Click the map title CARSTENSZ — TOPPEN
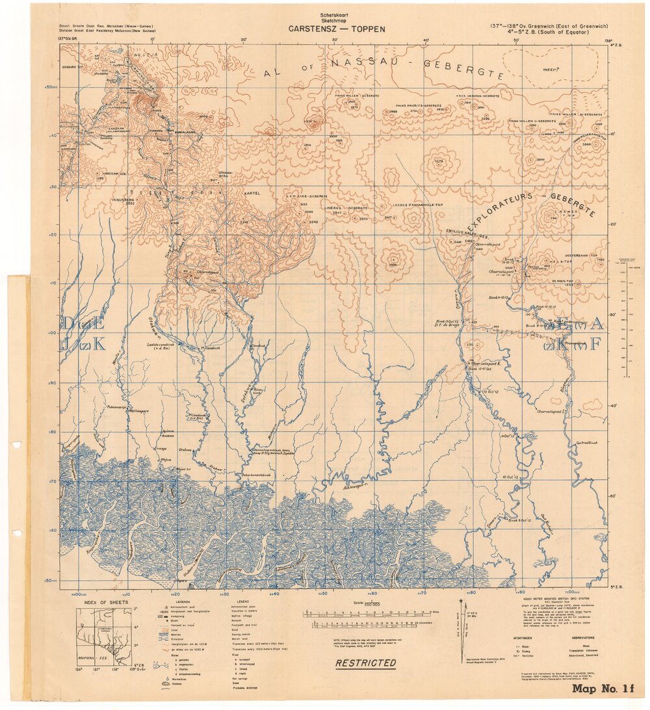(x=337, y=29)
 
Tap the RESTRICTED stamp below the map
(x=365, y=663)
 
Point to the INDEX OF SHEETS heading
(x=101, y=602)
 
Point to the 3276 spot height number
(x=437, y=160)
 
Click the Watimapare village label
(x=138, y=411)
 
